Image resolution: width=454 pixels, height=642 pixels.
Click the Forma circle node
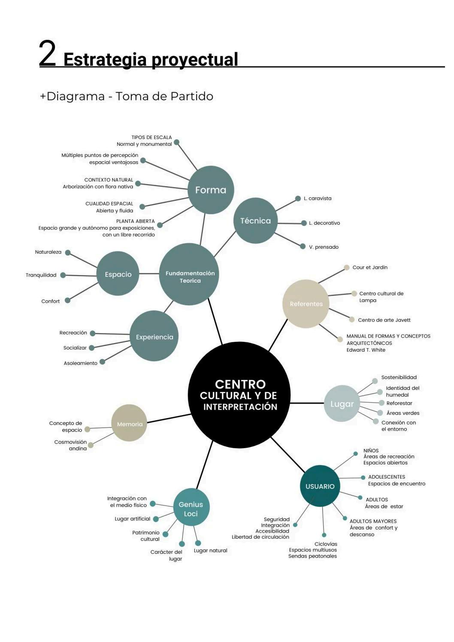tap(211, 190)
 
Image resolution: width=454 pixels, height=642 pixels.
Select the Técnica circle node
tap(256, 221)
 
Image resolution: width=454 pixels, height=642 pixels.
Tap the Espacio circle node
tap(118, 274)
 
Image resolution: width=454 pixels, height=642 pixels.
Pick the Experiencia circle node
tap(154, 336)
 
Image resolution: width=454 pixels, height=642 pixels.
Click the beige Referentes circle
tap(306, 304)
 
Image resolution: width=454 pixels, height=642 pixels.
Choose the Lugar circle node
tap(342, 404)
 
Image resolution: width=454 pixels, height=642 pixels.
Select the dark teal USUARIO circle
tap(320, 486)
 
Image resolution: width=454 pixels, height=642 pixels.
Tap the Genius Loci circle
tap(191, 507)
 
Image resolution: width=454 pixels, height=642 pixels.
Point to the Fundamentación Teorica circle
tap(189, 274)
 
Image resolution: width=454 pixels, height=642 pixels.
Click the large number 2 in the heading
tap(48, 53)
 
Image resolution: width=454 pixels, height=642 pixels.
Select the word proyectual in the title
tap(195, 60)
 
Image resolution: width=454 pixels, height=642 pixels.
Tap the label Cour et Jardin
tap(370, 268)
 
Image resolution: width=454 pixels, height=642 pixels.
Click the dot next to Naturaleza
tap(68, 253)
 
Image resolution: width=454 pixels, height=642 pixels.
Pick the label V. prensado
tap(324, 247)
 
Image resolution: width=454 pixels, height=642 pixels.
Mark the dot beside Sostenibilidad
tap(375, 381)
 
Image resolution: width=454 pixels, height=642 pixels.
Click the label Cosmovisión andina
tap(70, 446)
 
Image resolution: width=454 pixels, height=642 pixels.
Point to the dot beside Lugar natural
tap(198, 543)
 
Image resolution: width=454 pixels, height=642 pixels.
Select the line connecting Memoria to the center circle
tap(169, 419)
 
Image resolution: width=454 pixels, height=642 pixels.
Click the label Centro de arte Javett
tap(384, 320)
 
